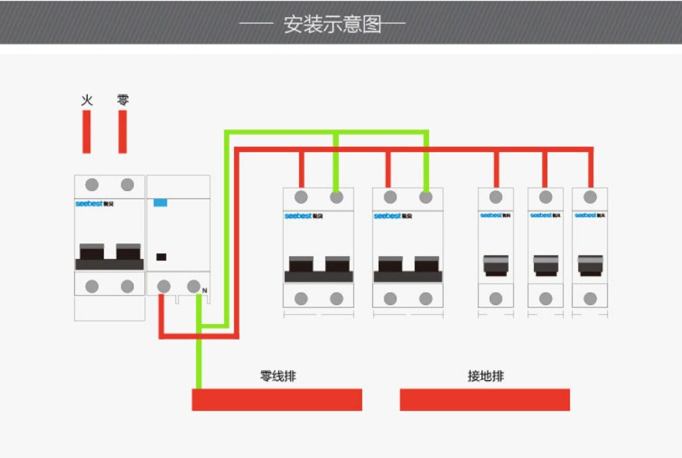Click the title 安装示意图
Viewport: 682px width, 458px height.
333,24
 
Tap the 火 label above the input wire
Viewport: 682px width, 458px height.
87,100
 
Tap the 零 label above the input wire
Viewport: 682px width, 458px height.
123,100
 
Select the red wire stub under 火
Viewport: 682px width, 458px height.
87,132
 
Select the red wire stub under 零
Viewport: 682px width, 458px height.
123,132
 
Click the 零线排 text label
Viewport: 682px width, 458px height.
278,377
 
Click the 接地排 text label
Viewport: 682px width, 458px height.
486,377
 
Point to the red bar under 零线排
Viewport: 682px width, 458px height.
277,400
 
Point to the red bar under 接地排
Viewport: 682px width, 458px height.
485,400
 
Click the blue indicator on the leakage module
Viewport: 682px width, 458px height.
160,203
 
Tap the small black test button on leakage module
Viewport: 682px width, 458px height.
161,257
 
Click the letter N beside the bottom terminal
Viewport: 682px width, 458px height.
205,290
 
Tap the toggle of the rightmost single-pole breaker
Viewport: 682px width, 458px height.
590,265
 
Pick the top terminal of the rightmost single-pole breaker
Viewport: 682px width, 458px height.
590,197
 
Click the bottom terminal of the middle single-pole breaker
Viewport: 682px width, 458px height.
546,299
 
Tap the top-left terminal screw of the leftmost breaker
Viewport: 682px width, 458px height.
92,185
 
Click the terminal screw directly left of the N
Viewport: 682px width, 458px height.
194,286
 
